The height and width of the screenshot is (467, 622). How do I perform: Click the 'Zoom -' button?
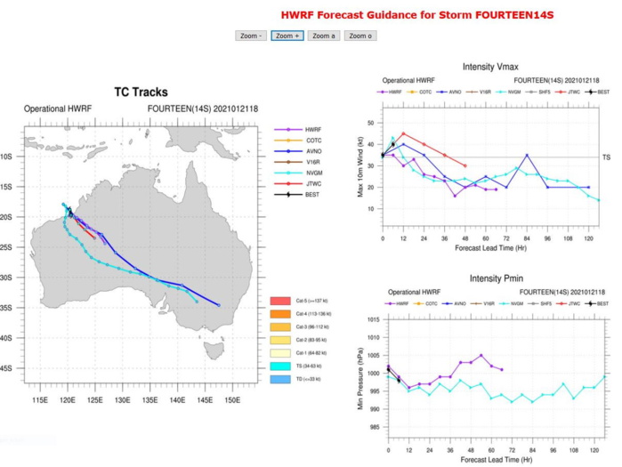click(x=249, y=36)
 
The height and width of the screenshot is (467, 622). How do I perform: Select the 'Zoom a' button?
click(x=322, y=36)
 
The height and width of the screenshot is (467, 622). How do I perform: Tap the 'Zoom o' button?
click(x=359, y=36)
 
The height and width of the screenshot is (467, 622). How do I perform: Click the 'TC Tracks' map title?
click(x=141, y=93)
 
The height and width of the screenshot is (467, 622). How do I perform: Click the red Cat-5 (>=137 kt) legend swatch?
click(x=284, y=302)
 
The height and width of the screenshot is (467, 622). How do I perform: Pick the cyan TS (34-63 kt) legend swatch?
click(x=284, y=366)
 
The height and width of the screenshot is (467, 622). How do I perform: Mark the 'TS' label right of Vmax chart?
click(x=609, y=157)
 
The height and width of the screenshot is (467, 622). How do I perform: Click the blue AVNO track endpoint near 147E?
click(x=219, y=305)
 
